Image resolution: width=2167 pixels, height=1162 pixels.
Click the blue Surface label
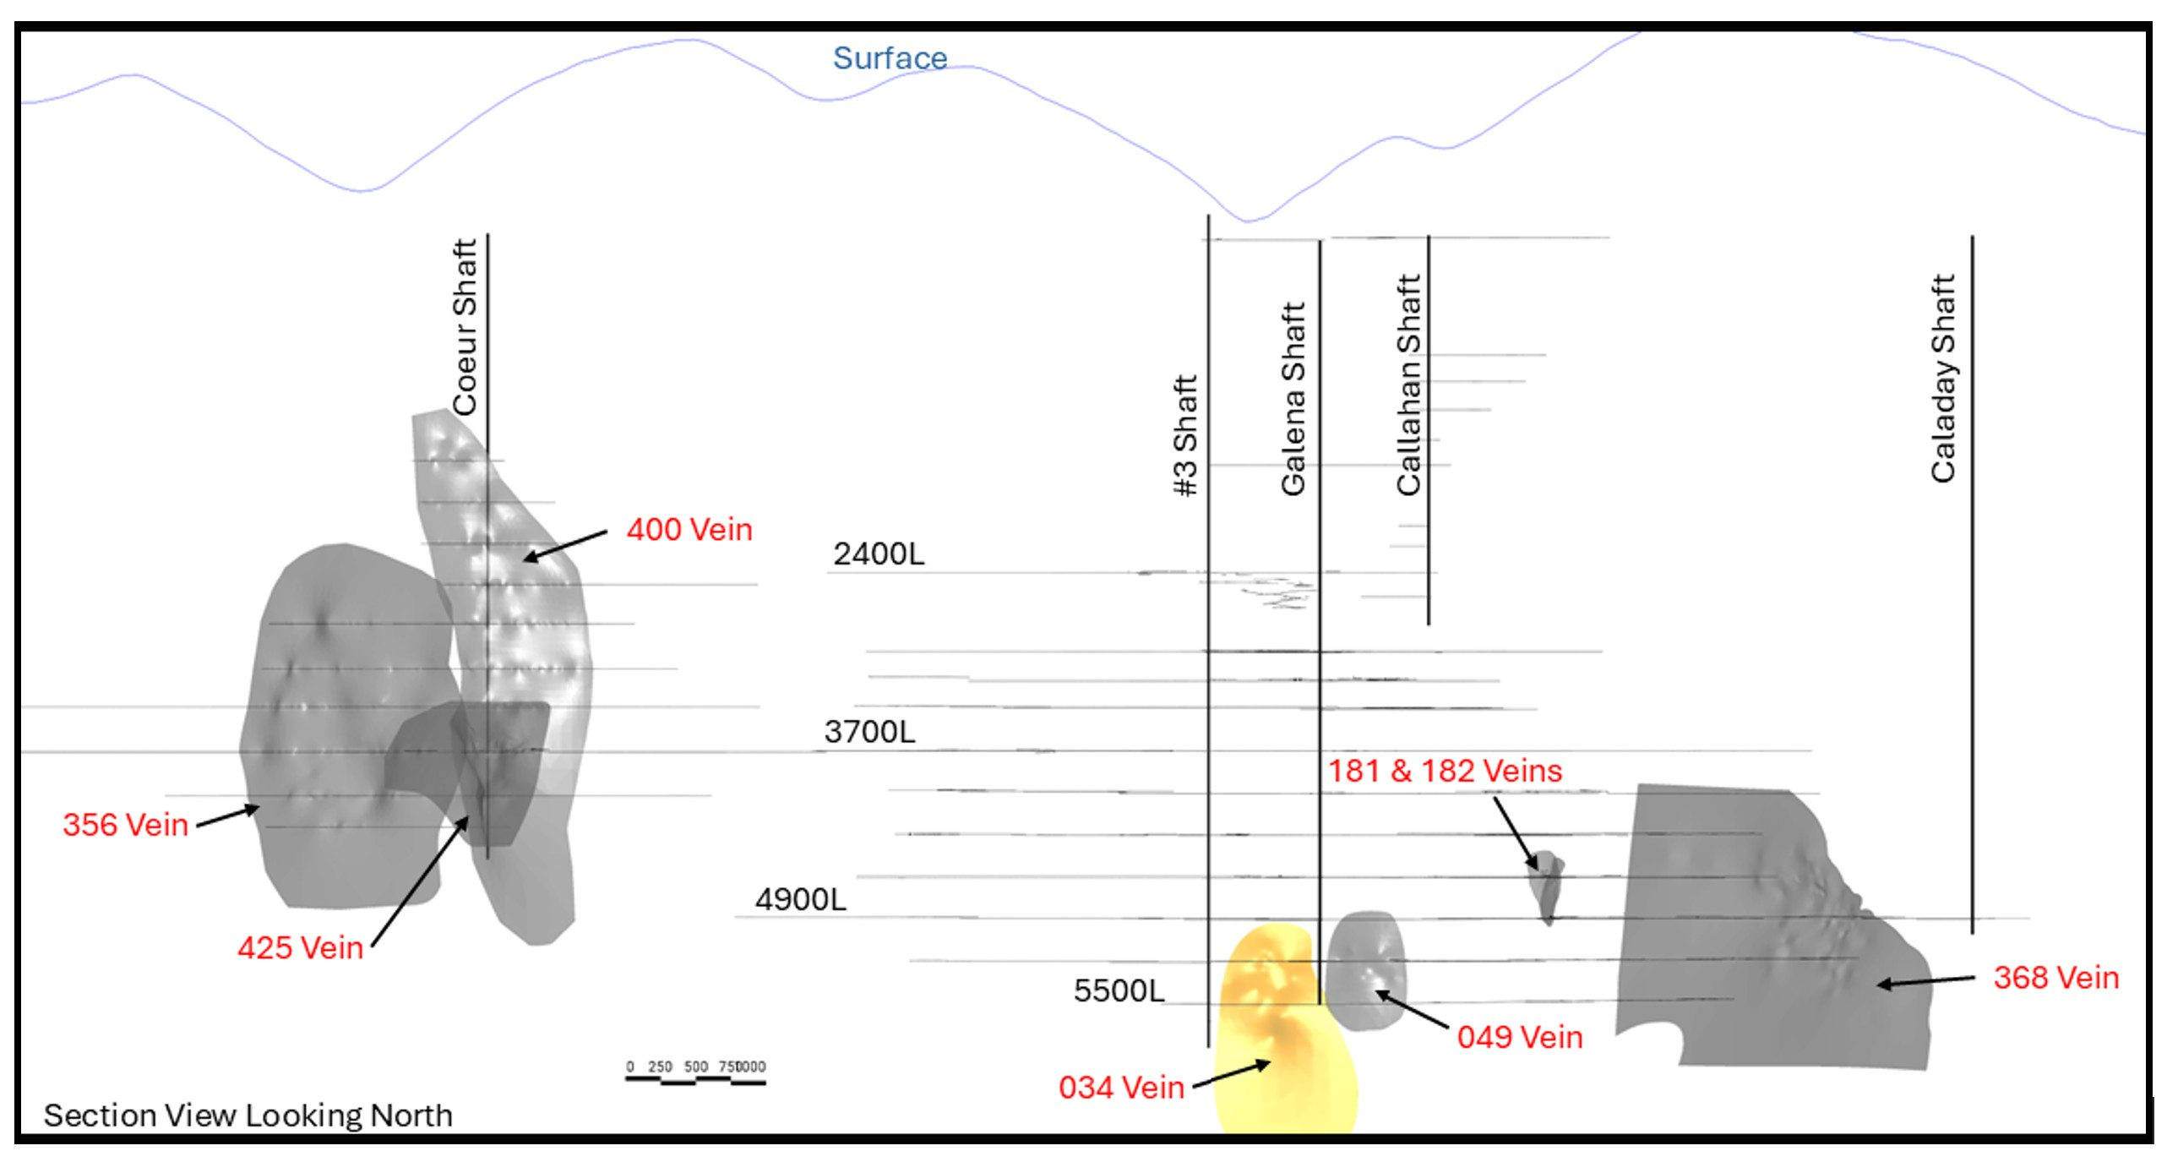(x=890, y=58)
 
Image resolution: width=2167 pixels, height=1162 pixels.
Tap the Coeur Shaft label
(x=466, y=327)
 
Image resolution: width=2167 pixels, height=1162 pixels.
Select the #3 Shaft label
(x=1186, y=435)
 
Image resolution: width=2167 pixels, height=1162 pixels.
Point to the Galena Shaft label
(x=1293, y=398)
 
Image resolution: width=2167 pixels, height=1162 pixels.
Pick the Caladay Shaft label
(x=1943, y=378)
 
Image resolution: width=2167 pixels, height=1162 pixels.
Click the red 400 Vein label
(x=689, y=530)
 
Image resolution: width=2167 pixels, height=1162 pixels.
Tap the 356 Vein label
(x=125, y=825)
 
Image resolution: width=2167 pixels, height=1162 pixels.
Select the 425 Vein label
(x=300, y=948)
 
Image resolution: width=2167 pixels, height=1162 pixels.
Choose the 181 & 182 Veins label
(x=1445, y=771)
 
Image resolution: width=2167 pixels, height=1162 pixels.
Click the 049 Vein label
(x=1519, y=1038)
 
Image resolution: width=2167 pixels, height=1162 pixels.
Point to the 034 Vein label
(x=1121, y=1088)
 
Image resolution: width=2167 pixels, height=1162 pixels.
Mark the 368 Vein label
(x=2055, y=978)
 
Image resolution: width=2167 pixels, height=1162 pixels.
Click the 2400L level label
(x=879, y=554)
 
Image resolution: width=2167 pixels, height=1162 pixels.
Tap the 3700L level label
(x=869, y=732)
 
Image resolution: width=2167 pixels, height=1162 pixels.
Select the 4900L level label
(x=800, y=900)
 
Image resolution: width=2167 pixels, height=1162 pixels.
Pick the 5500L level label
(x=1119, y=990)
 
